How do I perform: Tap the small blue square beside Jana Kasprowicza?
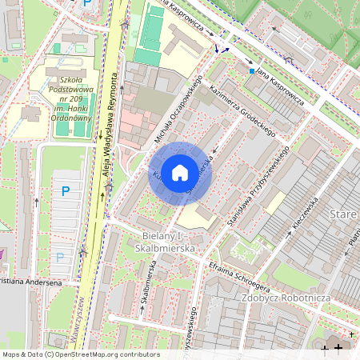click(x=251, y=71)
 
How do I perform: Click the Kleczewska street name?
click(x=306, y=214)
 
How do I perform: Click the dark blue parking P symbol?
click(x=66, y=190)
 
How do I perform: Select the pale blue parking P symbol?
click(x=60, y=258)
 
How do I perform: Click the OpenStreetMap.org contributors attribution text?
click(x=104, y=354)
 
